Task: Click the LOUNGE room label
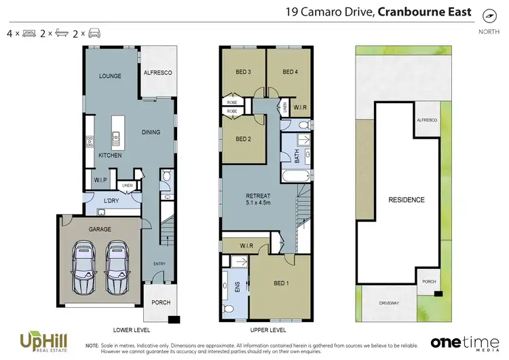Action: (110, 76)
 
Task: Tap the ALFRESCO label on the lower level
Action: (157, 72)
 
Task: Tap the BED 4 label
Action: (290, 72)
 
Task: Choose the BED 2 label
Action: (244, 139)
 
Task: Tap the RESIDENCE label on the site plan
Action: (407, 200)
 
